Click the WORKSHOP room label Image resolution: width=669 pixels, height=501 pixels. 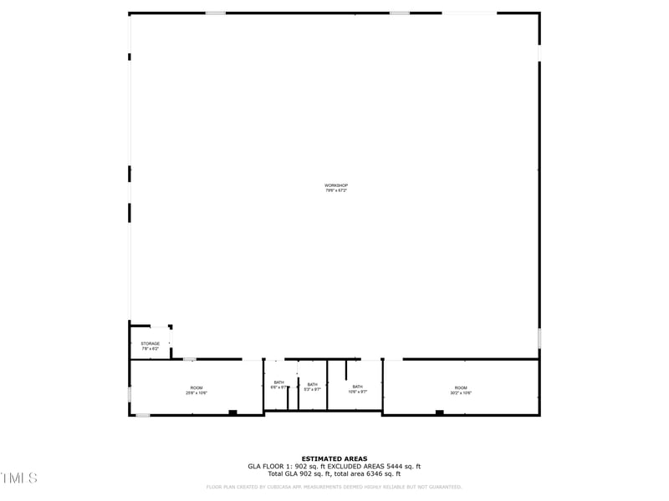[335, 185]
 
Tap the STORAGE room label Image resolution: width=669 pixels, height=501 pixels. [150, 343]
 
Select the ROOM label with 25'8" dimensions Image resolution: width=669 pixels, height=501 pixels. [197, 387]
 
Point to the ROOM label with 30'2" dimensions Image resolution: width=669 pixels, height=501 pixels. [461, 387]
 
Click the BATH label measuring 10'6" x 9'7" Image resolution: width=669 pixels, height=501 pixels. [357, 387]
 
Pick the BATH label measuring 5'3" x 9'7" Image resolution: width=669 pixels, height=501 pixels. [312, 384]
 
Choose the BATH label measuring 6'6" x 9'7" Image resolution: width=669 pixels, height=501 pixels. [278, 382]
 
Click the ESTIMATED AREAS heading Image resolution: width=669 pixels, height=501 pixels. [334, 458]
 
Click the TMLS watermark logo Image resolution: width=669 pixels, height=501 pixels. [18, 478]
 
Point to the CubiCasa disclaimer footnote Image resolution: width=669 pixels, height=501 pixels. [334, 487]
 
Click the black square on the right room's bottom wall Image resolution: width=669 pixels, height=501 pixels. [439, 412]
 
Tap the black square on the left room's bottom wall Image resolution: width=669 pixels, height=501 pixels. [232, 412]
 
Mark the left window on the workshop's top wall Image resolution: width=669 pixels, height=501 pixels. [216, 13]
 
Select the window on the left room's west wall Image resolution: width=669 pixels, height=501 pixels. [130, 394]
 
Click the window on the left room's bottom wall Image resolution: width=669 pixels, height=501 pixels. [143, 415]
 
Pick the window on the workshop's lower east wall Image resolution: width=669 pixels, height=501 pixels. [539, 338]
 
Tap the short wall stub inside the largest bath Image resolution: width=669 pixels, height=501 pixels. [345, 370]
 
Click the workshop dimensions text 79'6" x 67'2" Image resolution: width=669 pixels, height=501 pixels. [335, 191]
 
